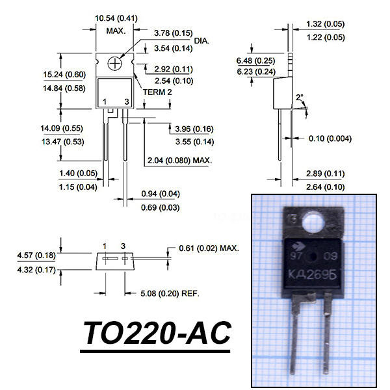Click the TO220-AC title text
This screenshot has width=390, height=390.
pyautogui.click(x=157, y=333)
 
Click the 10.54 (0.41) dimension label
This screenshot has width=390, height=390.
pyautogui.click(x=116, y=18)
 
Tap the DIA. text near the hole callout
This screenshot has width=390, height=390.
pyautogui.click(x=201, y=41)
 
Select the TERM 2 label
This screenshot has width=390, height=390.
pyautogui.click(x=157, y=92)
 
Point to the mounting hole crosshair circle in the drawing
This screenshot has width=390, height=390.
pyautogui.click(x=114, y=64)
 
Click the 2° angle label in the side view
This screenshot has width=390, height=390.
pyautogui.click(x=300, y=97)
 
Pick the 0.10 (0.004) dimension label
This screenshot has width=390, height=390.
pyautogui.click(x=330, y=138)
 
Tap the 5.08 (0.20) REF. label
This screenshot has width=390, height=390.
pyautogui.click(x=170, y=294)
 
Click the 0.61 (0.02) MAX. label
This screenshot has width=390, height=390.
pyautogui.click(x=209, y=248)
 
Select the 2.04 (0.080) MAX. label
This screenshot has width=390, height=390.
pyautogui.click(x=180, y=161)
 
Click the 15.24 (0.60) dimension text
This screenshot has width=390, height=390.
pyautogui.click(x=64, y=75)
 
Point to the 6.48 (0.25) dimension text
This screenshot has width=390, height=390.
pyautogui.click(x=255, y=60)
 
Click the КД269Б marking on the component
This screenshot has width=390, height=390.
pyautogui.click(x=313, y=274)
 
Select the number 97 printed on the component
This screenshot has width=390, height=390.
pyautogui.click(x=296, y=256)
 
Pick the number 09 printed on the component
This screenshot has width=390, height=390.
pyautogui.click(x=330, y=256)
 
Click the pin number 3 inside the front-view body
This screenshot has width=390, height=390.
pyautogui.click(x=127, y=102)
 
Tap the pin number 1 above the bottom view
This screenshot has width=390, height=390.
pyautogui.click(x=105, y=246)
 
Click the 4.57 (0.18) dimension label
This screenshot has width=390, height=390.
pyautogui.click(x=36, y=255)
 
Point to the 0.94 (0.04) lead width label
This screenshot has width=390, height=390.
pyautogui.click(x=161, y=194)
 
